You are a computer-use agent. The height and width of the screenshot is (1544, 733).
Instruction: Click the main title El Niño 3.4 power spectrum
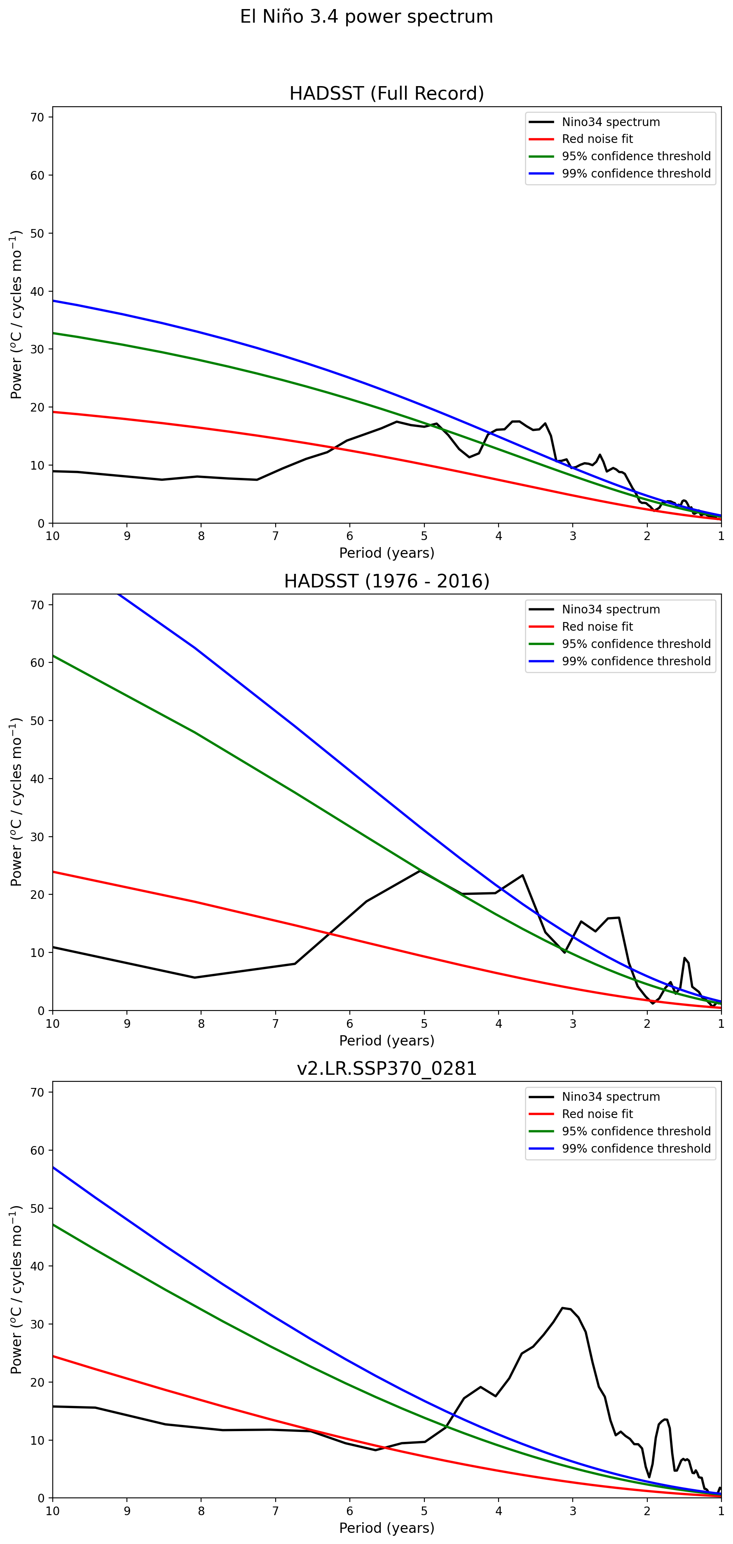pos(366,17)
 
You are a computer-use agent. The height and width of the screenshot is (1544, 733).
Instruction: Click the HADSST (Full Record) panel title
pos(386,94)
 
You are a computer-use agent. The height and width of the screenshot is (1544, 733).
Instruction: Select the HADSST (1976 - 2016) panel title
pos(386,581)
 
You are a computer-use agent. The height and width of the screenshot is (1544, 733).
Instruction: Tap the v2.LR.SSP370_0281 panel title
pos(386,1068)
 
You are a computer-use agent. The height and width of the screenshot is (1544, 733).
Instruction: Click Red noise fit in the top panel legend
pos(597,139)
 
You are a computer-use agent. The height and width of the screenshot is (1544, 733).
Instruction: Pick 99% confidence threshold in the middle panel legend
pos(636,661)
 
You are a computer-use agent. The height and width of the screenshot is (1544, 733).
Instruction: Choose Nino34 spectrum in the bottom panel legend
pos(610,1097)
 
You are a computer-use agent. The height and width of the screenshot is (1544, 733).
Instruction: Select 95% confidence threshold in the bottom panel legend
pos(636,1131)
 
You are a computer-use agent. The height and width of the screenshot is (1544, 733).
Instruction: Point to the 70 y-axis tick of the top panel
pos(37,117)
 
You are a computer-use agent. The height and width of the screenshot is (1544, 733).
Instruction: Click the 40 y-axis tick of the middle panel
pos(37,779)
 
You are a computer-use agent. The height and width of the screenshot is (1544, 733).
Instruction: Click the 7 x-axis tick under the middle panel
pos(276,1023)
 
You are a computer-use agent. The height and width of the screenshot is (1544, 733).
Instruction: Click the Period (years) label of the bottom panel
pos(386,1528)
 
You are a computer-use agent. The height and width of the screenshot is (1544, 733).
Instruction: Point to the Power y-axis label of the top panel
pos(16,315)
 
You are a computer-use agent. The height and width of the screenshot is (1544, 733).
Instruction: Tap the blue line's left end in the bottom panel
pos(53,1167)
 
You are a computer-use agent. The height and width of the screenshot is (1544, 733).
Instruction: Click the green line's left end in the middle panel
pos(53,656)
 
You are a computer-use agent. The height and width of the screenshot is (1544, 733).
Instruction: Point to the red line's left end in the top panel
pos(53,412)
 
